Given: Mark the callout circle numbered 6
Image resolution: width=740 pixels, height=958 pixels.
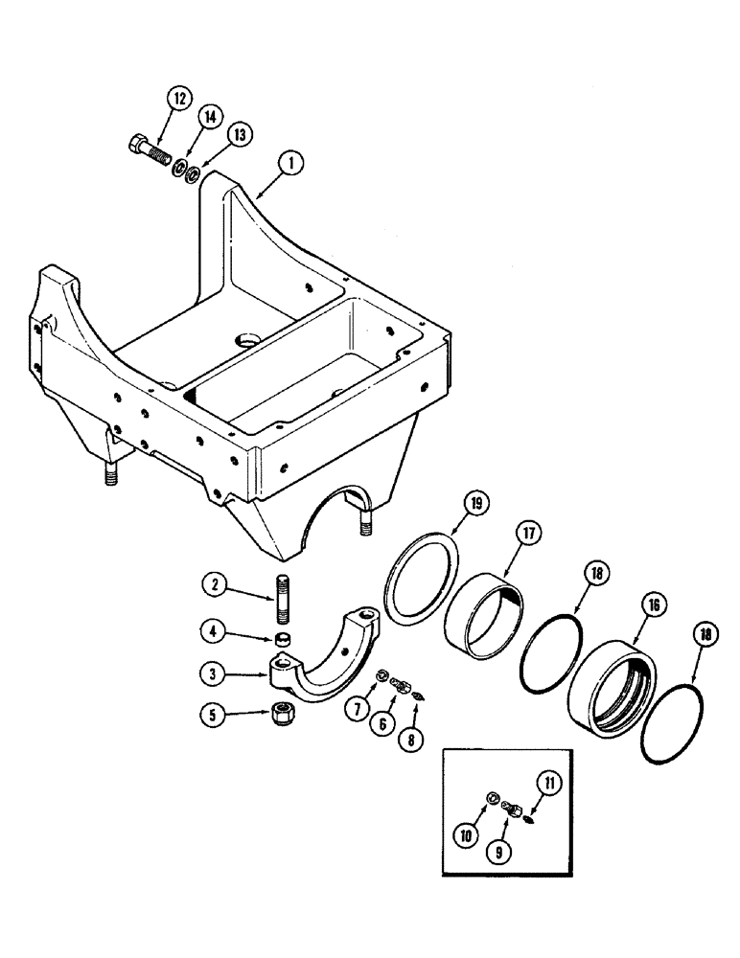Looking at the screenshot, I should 382,726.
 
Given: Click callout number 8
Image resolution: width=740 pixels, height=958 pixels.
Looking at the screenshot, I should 413,740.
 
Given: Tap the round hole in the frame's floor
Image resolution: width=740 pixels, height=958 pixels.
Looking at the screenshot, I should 245,341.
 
